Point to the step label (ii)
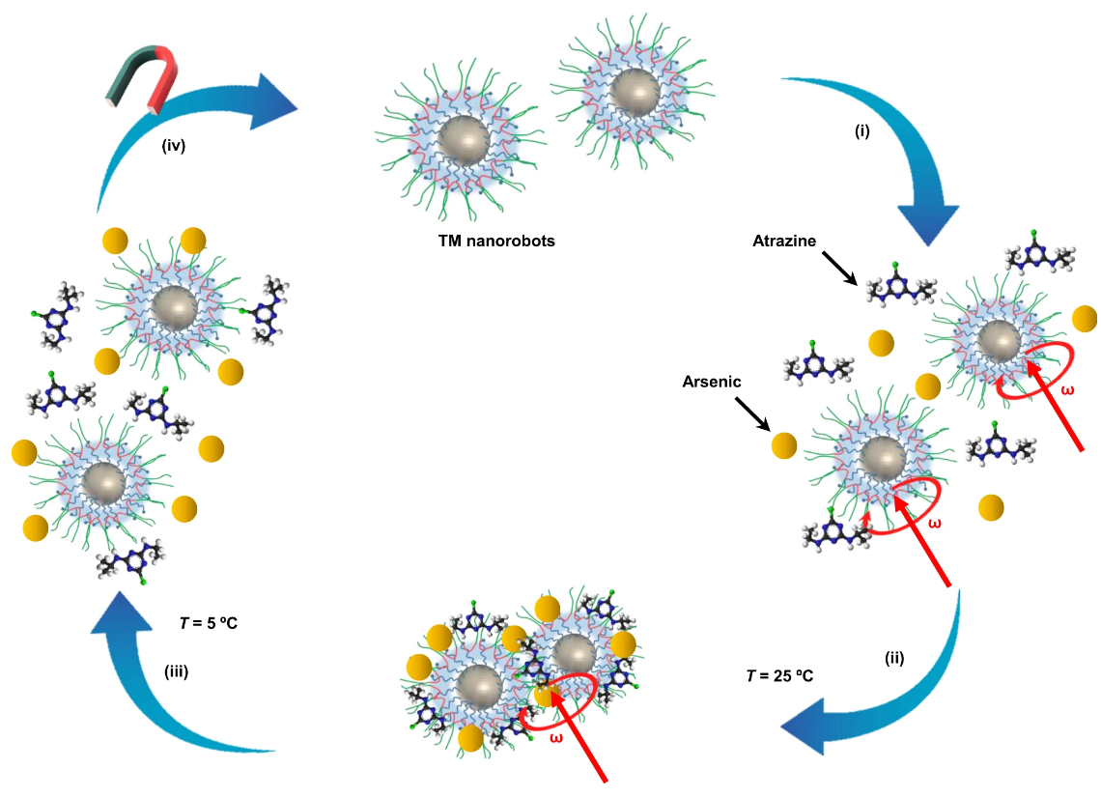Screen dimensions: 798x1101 [893, 659]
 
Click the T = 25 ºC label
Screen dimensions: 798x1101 [779, 675]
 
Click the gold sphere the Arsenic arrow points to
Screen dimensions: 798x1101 [783, 445]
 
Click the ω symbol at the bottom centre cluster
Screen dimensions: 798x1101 [530, 739]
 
